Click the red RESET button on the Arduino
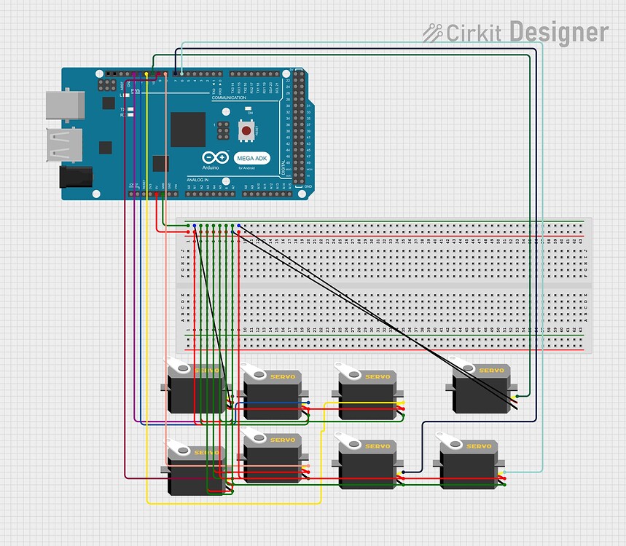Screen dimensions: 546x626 (247, 131)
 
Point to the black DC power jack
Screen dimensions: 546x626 (76, 177)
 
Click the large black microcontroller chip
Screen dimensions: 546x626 (188, 130)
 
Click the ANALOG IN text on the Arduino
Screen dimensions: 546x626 (197, 179)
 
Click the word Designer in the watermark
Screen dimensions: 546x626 (558, 33)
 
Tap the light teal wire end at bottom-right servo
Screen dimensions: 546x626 (505, 472)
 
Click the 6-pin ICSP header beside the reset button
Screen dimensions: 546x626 (220, 131)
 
